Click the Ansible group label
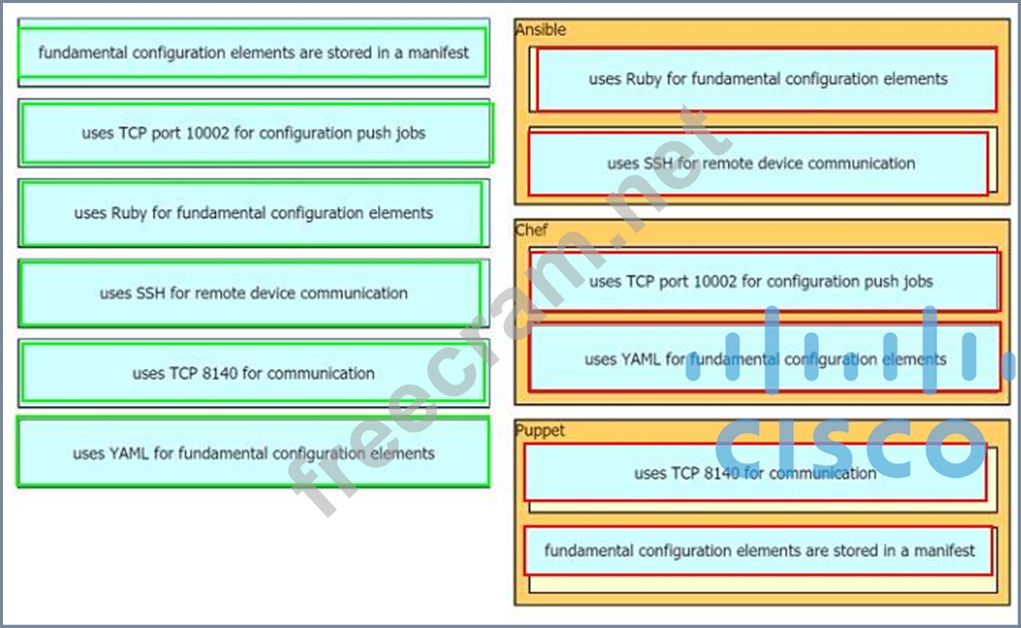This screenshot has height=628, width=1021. point(540,30)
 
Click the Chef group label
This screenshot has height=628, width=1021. point(531,231)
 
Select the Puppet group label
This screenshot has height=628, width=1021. point(539,430)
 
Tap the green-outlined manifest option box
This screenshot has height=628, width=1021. point(252,53)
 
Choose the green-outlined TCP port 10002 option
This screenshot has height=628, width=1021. point(253,133)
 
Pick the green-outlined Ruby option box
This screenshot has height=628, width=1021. point(252,213)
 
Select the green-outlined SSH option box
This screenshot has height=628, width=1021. point(252,293)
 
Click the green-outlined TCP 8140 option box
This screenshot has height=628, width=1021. point(252,373)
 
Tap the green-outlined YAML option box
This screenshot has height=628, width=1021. point(252,453)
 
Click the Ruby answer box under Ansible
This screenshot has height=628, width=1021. point(767,79)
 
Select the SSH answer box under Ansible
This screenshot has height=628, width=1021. point(760,164)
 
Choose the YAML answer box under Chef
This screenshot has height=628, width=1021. point(766,359)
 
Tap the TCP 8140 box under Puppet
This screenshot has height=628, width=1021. point(756,473)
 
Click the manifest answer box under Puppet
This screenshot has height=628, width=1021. point(759,551)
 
